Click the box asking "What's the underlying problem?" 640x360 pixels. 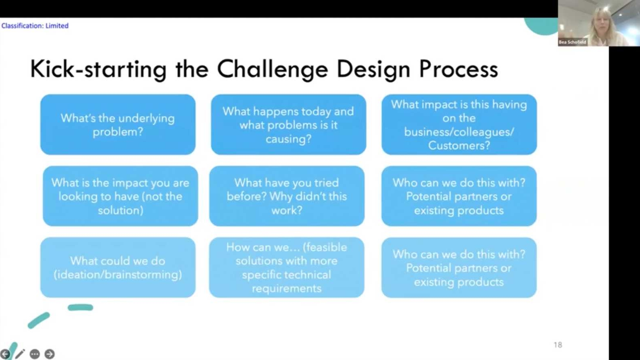(x=118, y=125)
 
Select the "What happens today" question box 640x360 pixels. (x=288, y=125)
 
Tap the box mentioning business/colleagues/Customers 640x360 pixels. (x=459, y=125)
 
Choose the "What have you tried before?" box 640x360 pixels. (x=287, y=196)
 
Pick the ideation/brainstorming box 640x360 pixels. (x=118, y=267)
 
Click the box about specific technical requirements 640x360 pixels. (x=287, y=267)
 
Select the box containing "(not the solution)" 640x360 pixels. (x=120, y=196)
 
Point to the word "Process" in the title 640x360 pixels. (x=459, y=69)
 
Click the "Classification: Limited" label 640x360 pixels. (x=35, y=26)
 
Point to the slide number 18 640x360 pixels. (x=558, y=345)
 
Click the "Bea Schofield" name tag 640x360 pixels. (x=572, y=42)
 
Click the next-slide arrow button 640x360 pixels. (x=50, y=354)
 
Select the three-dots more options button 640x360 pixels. (x=35, y=354)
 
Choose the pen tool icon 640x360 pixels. (x=20, y=354)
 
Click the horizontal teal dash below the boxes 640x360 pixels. (x=80, y=308)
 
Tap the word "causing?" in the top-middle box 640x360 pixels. (x=288, y=139)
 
